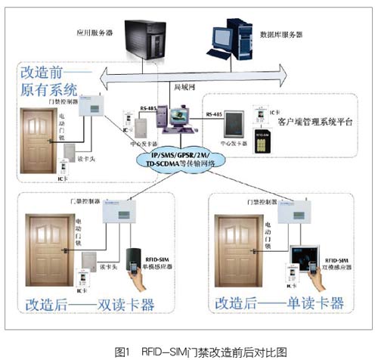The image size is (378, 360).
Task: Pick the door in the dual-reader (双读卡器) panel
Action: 52,250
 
